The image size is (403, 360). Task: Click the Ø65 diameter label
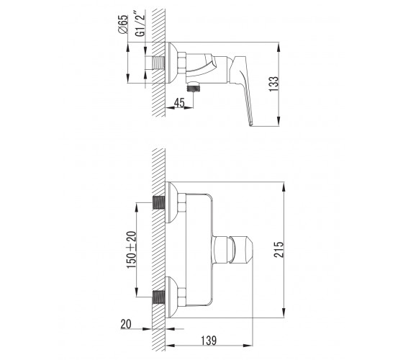pyautogui.click(x=123, y=24)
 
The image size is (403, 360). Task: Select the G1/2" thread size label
pyautogui.click(x=140, y=23)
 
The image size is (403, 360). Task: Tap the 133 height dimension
pyautogui.click(x=273, y=84)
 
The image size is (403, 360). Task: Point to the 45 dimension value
pyautogui.click(x=179, y=102)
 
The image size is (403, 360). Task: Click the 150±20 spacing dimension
pyautogui.click(x=132, y=249)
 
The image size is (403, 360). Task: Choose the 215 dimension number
pyautogui.click(x=279, y=249)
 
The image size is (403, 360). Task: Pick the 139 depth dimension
pyautogui.click(x=209, y=341)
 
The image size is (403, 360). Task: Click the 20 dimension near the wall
pyautogui.click(x=126, y=324)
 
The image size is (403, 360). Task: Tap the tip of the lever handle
pyautogui.click(x=251, y=125)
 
